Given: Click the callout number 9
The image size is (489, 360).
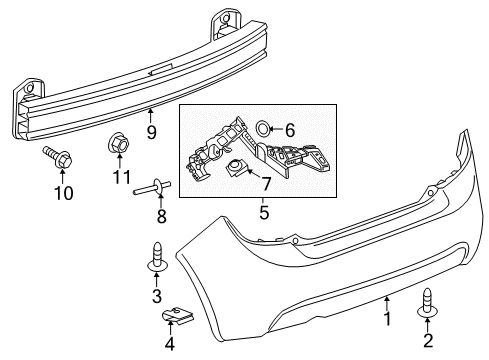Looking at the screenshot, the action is pos(151,133).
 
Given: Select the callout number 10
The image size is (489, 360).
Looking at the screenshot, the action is pos(64,193).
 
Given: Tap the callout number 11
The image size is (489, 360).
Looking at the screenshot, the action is pos(122,177).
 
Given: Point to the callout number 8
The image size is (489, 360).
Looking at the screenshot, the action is pos(162,217).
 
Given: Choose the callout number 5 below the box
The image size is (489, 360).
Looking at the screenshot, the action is pos(264,212).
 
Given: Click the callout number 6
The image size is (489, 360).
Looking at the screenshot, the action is pos(290,130).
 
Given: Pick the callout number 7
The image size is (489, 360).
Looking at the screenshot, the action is pos(265,184).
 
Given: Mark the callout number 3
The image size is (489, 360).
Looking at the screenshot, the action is pos(157,296).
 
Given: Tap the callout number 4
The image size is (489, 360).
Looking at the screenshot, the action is pos(170,344).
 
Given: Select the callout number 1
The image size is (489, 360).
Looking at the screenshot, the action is pos(387,318).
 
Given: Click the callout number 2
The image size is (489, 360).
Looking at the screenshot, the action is pos(428,340).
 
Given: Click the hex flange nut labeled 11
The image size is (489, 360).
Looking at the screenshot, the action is pos(119,143).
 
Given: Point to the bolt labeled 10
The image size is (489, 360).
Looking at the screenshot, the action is pos(57,157).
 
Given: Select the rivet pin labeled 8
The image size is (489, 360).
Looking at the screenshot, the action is pos(153,187).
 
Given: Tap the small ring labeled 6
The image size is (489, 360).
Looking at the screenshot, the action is pos(262,128).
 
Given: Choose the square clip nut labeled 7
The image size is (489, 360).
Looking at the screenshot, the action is pos(236,167).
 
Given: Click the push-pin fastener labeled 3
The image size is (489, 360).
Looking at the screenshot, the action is pos(157,257).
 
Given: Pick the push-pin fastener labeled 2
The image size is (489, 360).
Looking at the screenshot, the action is pos(427,303).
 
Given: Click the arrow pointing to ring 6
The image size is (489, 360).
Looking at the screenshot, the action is pos(276,128).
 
